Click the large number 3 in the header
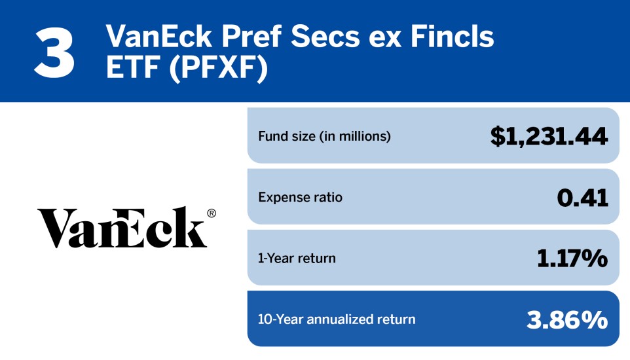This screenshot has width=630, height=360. (54, 51)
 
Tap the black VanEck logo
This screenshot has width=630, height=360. (122, 227)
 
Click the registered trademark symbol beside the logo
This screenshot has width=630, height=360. (211, 213)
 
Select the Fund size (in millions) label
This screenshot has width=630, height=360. (324, 137)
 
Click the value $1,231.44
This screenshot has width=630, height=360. (549, 136)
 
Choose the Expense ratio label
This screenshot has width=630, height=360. (300, 197)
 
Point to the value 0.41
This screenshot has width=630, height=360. (582, 197)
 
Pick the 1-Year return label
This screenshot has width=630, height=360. (297, 258)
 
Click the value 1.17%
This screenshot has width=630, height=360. (572, 258)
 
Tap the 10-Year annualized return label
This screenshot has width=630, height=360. (337, 319)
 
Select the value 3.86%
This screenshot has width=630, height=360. (567, 319)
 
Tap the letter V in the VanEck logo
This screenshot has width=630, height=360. (56, 228)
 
